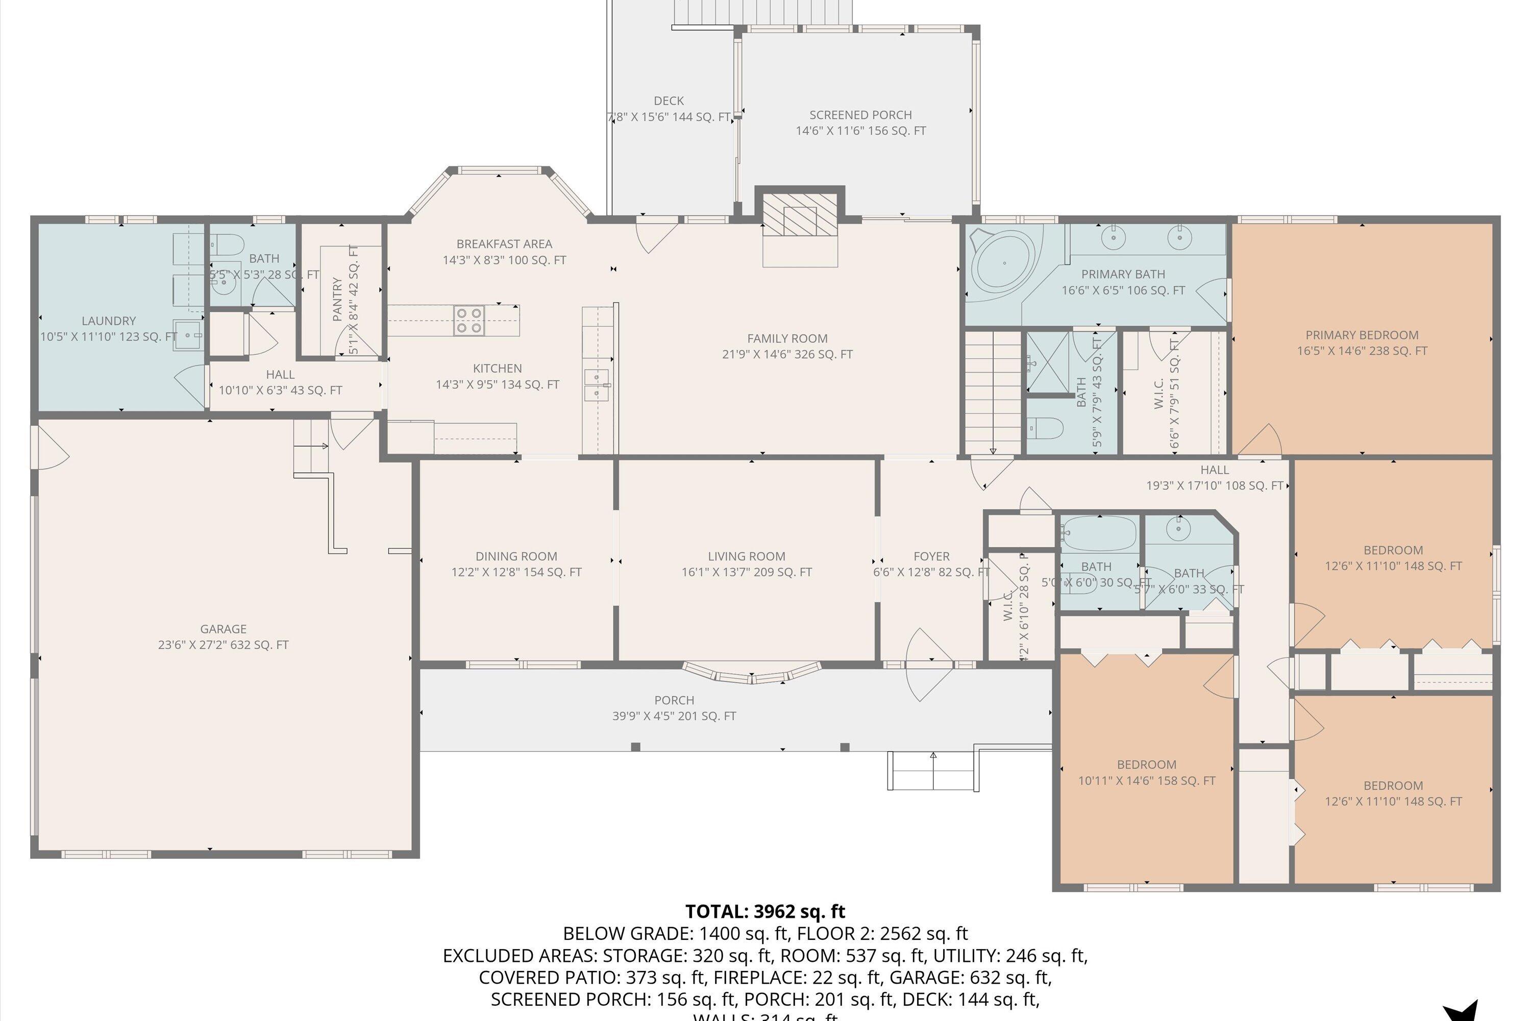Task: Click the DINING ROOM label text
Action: pyautogui.click(x=516, y=556)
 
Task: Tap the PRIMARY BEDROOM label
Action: pyautogui.click(x=1362, y=335)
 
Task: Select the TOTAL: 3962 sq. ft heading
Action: pyautogui.click(x=765, y=911)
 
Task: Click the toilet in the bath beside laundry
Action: pyautogui.click(x=227, y=246)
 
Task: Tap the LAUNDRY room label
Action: pyautogui.click(x=109, y=321)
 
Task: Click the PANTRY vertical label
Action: pyautogui.click(x=337, y=300)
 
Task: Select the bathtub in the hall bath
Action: pyautogui.click(x=1098, y=534)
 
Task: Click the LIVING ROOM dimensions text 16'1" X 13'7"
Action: pyautogui.click(x=747, y=572)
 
